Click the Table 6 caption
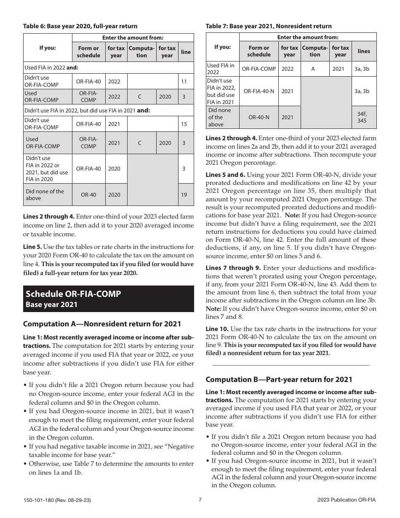tap(80, 26)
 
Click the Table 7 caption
tap(268, 26)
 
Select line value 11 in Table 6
tap(184, 81)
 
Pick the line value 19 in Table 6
tap(184, 195)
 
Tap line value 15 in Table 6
tap(184, 124)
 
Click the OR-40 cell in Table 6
tap(88, 195)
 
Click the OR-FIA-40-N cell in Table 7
tap(259, 91)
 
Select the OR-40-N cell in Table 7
tap(259, 117)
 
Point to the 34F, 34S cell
tap(361, 117)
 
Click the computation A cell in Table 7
tap(313, 69)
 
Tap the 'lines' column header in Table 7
tap(363, 51)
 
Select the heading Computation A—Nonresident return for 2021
tap(102, 324)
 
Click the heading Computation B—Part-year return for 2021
tap(279, 379)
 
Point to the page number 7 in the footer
tap(200, 500)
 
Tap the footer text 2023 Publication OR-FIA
tap(347, 500)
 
